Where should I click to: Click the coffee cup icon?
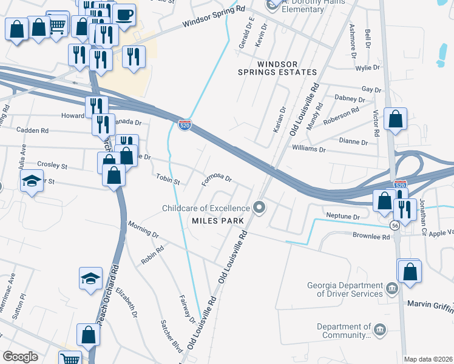click(x=124, y=14)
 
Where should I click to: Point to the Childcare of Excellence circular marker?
click(x=260, y=208)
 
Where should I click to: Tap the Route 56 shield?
click(x=395, y=225)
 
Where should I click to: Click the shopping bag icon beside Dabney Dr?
click(x=395, y=120)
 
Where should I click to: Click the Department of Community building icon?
click(x=380, y=330)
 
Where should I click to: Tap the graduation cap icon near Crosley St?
click(x=32, y=180)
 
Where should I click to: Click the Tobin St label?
click(x=168, y=180)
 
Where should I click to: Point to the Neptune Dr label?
click(x=343, y=216)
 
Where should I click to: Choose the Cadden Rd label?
click(x=32, y=130)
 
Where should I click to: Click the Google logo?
click(x=20, y=357)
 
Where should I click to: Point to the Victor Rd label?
click(x=376, y=124)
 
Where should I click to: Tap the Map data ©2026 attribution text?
click(x=427, y=359)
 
